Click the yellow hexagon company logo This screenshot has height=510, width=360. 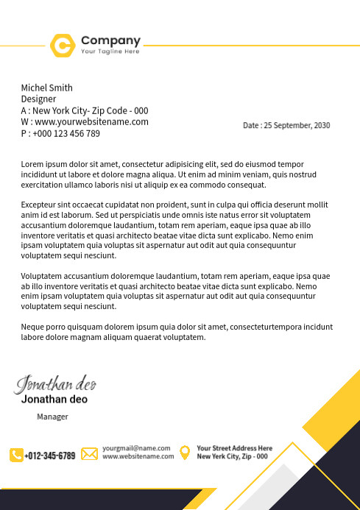(x=63, y=45)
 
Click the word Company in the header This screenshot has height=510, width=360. (x=110, y=40)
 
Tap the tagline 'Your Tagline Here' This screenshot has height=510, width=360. (x=110, y=52)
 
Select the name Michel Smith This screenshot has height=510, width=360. (x=46, y=88)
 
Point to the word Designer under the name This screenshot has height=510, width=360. (x=38, y=99)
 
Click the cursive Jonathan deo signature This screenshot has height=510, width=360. (x=56, y=384)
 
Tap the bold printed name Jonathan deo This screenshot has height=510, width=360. (x=54, y=400)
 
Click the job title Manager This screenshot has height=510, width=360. (x=52, y=417)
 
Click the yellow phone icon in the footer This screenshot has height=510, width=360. (x=16, y=455)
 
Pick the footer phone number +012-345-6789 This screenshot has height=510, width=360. (x=50, y=456)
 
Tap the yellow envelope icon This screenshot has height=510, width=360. (x=89, y=453)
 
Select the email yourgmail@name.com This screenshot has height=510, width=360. (x=136, y=447)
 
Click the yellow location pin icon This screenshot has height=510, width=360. (x=185, y=452)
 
